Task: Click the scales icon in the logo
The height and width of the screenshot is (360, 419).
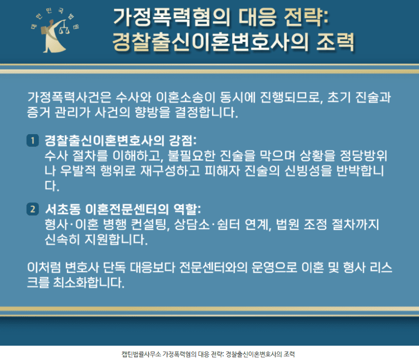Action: coord(64,28)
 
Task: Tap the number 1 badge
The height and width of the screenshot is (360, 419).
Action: coord(32,141)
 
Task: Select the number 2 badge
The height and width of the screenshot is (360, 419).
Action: coord(32,209)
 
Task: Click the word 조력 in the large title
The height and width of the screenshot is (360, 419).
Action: coord(335,42)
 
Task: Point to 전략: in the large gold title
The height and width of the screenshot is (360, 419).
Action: coord(307,17)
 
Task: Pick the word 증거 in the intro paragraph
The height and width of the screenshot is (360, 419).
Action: coord(39,112)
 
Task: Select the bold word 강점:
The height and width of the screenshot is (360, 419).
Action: coord(183,141)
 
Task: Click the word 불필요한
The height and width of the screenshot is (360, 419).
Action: coord(191,156)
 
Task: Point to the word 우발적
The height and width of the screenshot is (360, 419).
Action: coord(78,171)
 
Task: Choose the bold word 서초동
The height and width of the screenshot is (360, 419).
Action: coord(63,209)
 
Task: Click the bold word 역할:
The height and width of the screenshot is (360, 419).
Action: coord(187,209)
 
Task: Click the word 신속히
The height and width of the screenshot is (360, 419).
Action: coord(62,239)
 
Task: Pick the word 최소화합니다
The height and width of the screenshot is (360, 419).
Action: coord(89,282)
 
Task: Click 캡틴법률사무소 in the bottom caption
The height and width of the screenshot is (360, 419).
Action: coord(142,354)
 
